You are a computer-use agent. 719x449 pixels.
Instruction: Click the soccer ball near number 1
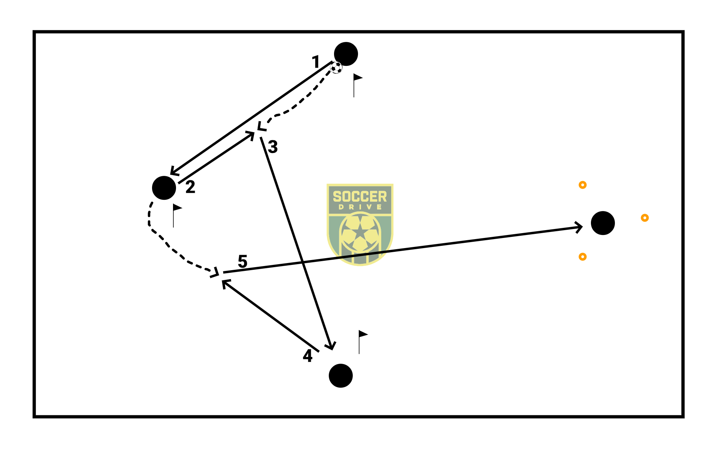336,68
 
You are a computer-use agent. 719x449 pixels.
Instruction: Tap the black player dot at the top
346,54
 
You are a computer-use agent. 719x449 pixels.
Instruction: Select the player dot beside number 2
164,188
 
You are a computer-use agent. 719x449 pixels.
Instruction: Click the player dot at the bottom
341,376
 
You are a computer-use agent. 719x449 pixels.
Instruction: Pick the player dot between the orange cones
603,223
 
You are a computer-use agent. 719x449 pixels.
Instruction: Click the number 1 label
316,62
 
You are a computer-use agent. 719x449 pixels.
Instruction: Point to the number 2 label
190,187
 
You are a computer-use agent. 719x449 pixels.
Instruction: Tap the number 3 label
273,147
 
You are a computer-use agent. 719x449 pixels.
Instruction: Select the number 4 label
307,356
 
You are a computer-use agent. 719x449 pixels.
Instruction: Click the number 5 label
243,261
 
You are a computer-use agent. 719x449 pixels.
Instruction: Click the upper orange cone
583,185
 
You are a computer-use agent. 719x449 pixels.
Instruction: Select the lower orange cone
582,257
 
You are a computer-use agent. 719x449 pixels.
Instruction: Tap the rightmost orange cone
644,218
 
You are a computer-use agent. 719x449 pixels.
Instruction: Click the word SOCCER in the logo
360,197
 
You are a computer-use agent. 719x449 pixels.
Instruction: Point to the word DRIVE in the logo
360,207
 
